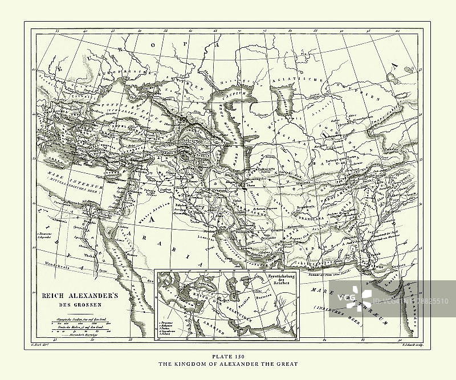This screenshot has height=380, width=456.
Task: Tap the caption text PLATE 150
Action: [227, 356]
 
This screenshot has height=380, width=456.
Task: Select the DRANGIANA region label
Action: [313, 216]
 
